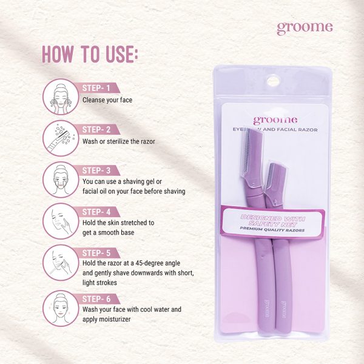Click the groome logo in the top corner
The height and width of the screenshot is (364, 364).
point(305,28)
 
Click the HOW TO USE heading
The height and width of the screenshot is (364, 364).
point(90,54)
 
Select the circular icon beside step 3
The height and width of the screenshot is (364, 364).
point(61,180)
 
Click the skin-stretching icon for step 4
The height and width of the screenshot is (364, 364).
point(61,221)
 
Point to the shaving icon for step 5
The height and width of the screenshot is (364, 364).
point(61,263)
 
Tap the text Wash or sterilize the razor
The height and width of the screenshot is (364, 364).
point(119,141)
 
